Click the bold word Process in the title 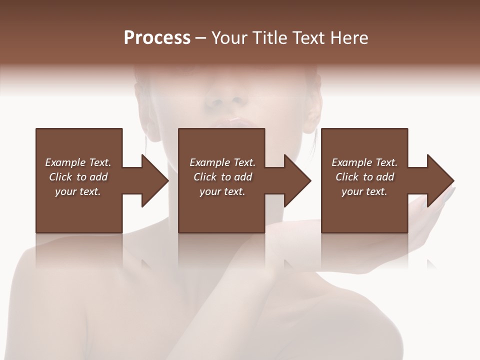[157, 38]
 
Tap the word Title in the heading [268, 38]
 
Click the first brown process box [78, 215]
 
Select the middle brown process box [221, 215]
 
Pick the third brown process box [364, 215]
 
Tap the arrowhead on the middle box [297, 180]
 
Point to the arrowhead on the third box [440, 180]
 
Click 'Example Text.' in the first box [78, 162]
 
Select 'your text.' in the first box [78, 191]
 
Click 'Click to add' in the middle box [222, 177]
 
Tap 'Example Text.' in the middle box [222, 162]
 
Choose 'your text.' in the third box [364, 191]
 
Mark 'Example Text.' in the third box [364, 162]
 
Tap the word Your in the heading [229, 38]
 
